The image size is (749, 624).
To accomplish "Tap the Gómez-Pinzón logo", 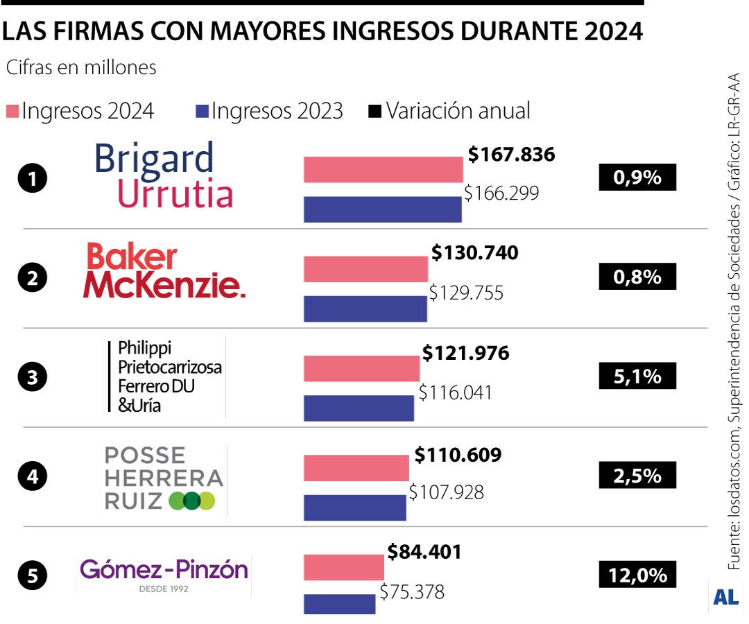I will click(x=164, y=575).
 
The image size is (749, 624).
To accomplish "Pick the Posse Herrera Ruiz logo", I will click(x=164, y=479).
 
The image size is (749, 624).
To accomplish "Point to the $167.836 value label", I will click(x=512, y=155).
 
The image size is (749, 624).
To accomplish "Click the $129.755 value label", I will click(x=466, y=293).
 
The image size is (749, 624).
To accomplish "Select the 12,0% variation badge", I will click(x=637, y=575).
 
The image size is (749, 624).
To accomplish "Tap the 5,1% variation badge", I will click(x=637, y=378).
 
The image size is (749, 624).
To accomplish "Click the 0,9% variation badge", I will click(x=637, y=178).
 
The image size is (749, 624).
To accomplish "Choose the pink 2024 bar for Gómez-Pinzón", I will click(x=344, y=567).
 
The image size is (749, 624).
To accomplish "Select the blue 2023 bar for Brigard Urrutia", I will click(x=383, y=209).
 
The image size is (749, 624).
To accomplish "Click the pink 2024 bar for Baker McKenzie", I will click(x=365, y=269).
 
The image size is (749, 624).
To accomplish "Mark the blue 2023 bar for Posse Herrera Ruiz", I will click(x=355, y=508).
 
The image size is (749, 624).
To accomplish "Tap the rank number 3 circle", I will click(x=32, y=379).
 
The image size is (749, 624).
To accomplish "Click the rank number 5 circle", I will click(x=32, y=575).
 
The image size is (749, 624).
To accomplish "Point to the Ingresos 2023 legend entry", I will click(x=270, y=111).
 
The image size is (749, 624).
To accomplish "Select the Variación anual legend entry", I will click(x=450, y=111).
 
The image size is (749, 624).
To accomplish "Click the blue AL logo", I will click(x=725, y=596).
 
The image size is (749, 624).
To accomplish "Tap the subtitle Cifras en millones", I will click(x=81, y=68).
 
